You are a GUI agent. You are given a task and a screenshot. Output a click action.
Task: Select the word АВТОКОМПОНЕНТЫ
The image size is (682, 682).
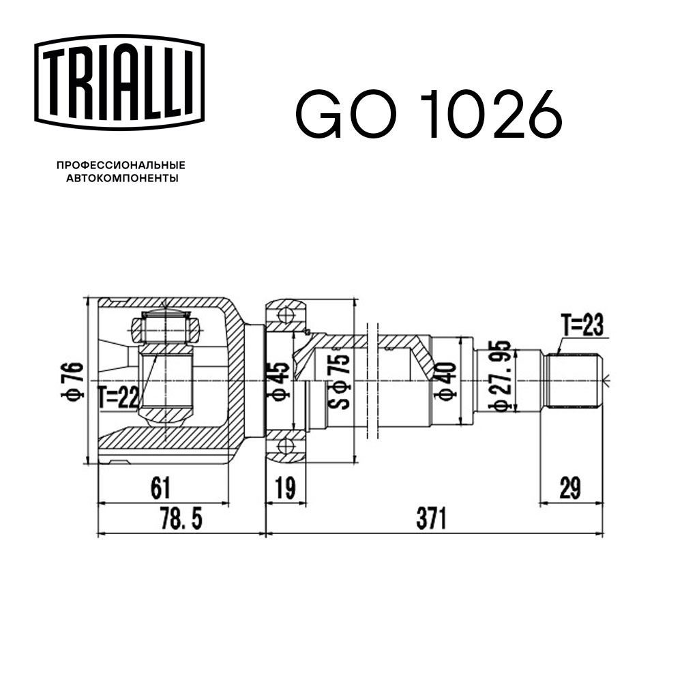coord(121,179)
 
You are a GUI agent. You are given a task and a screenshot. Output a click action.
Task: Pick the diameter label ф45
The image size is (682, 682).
coord(282,381)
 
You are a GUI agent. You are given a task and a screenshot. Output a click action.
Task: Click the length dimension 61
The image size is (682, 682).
coord(160,488)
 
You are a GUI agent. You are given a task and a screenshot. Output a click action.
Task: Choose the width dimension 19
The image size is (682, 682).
coord(285,488)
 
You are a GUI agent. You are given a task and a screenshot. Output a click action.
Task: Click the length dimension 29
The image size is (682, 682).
coord(571,488)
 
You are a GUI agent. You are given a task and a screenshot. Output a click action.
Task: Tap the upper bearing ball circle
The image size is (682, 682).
coord(286,314)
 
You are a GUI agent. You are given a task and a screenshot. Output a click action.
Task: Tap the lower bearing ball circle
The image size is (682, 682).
coord(286,448)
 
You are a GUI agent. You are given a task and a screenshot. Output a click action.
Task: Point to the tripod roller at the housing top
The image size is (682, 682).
coord(165,329)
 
